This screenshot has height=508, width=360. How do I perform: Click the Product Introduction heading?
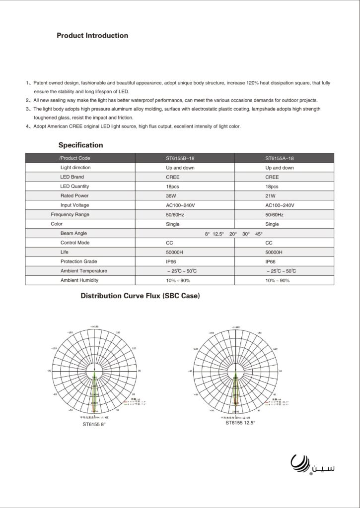point(92,36)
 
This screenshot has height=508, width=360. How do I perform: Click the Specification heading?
point(81,145)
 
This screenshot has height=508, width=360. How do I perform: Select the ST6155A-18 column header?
point(280,158)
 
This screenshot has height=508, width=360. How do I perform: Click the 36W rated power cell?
point(171,196)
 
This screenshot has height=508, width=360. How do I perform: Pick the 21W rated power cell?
point(271,196)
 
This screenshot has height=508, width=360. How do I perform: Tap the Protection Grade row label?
point(78,261)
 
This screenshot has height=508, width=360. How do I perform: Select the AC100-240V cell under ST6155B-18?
point(180,205)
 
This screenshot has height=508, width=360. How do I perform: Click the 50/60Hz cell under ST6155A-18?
point(275,215)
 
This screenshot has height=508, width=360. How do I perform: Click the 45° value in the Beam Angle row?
point(259,234)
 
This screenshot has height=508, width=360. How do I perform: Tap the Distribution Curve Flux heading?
point(140,296)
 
